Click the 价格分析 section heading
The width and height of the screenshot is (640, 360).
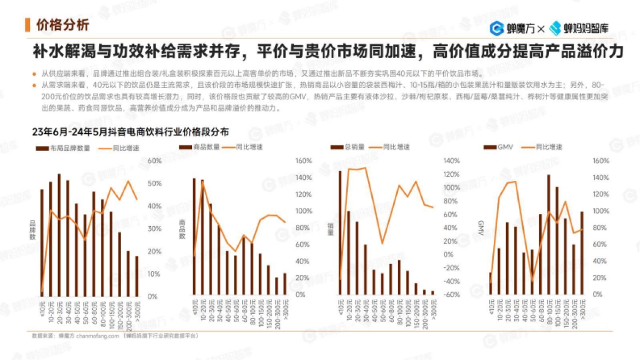point(62,25)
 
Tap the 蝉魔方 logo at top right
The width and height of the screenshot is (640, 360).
point(511,28)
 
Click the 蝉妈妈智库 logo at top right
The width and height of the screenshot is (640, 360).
point(579,28)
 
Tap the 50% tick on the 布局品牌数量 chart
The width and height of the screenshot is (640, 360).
point(154,183)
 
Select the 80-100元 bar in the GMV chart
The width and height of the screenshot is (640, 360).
point(549,235)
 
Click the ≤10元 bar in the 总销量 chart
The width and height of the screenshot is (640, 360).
point(340,233)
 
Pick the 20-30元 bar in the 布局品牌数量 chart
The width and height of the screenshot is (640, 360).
point(59,235)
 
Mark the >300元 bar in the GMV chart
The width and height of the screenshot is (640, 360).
point(582,253)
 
